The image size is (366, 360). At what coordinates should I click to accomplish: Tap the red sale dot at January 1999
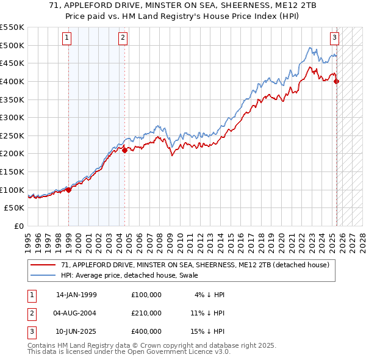pos(68,189)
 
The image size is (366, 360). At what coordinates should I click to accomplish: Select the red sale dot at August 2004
pos(124,149)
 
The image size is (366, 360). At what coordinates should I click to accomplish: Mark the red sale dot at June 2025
pos(337,81)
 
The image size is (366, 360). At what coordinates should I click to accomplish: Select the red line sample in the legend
pos(43,265)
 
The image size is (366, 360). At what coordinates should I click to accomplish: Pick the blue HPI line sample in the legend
pos(43,276)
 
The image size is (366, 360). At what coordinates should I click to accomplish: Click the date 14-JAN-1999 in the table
pos(76,295)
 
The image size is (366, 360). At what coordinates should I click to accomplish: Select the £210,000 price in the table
pos(146,313)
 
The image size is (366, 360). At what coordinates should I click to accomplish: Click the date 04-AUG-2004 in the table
pos(76,313)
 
